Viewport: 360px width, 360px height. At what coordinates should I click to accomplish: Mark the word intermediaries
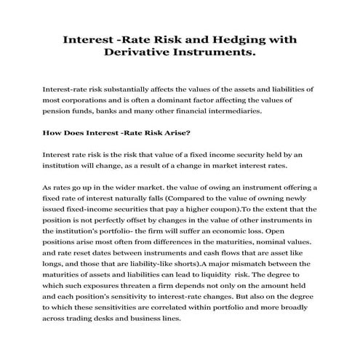tap(221, 111)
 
